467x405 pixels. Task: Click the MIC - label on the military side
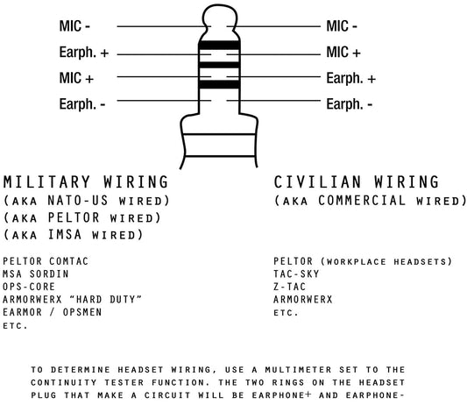pos(74,26)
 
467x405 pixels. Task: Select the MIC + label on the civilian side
pos(343,52)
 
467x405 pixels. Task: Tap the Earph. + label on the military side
pos(84,52)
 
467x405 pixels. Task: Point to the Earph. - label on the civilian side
pos(350,104)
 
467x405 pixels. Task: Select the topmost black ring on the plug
pos(219,45)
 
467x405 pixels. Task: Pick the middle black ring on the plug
pos(219,65)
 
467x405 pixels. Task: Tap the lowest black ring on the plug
pos(219,84)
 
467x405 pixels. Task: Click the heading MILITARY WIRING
pos(86,182)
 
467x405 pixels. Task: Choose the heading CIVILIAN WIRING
pos(357,182)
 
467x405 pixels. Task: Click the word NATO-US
pos(77,201)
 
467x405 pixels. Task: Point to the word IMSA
pos(65,235)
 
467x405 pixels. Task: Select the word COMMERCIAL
pos(362,201)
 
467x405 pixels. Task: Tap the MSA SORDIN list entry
pos(36,274)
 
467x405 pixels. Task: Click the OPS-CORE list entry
pos(29,287)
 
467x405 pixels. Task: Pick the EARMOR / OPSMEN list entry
pos(53,312)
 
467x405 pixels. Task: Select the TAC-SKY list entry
pos(296,274)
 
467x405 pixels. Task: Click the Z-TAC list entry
pos(289,287)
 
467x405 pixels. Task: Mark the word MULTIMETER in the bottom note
pos(299,370)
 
